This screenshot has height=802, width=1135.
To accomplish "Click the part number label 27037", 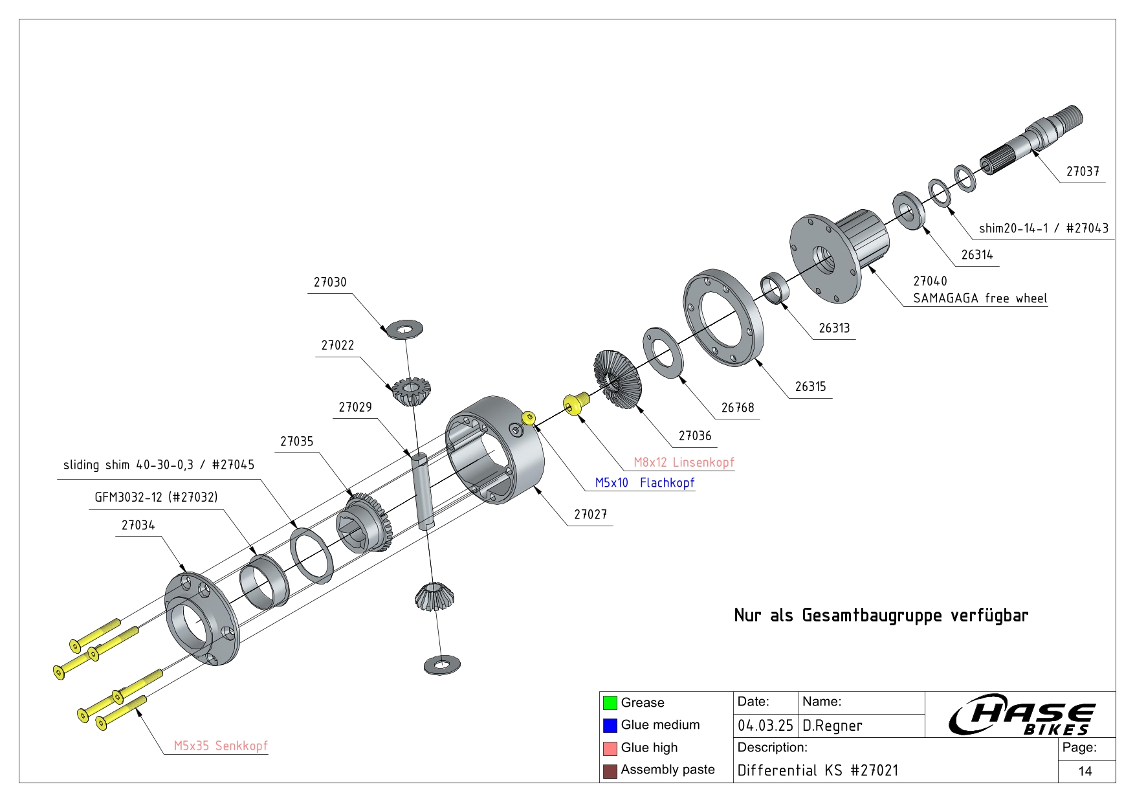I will (1083, 172).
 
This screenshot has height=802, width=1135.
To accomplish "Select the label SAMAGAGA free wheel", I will (980, 298).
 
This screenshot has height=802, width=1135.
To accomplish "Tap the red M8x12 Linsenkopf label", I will (683, 462).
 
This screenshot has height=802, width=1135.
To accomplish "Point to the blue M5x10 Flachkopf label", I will (645, 483).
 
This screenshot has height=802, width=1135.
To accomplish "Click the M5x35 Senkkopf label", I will (220, 746).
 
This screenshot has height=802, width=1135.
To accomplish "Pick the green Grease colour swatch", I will (610, 703).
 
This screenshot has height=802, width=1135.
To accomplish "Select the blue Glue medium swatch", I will (610, 725).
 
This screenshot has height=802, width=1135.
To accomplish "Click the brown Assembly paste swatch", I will (610, 771).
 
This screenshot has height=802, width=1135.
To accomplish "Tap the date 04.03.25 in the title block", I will (765, 726).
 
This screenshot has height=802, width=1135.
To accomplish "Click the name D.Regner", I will (832, 726).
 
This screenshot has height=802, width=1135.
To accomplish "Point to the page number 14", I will (1085, 771).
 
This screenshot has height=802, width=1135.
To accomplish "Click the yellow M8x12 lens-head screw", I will (575, 403).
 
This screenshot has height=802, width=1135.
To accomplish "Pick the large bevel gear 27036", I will (617, 379).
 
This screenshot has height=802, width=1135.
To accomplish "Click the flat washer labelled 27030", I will (404, 329).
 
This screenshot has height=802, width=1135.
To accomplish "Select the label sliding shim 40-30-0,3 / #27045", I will (159, 465).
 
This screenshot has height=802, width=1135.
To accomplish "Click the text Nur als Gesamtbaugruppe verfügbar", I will (881, 615).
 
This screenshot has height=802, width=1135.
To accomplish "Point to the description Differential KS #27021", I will (817, 770).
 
